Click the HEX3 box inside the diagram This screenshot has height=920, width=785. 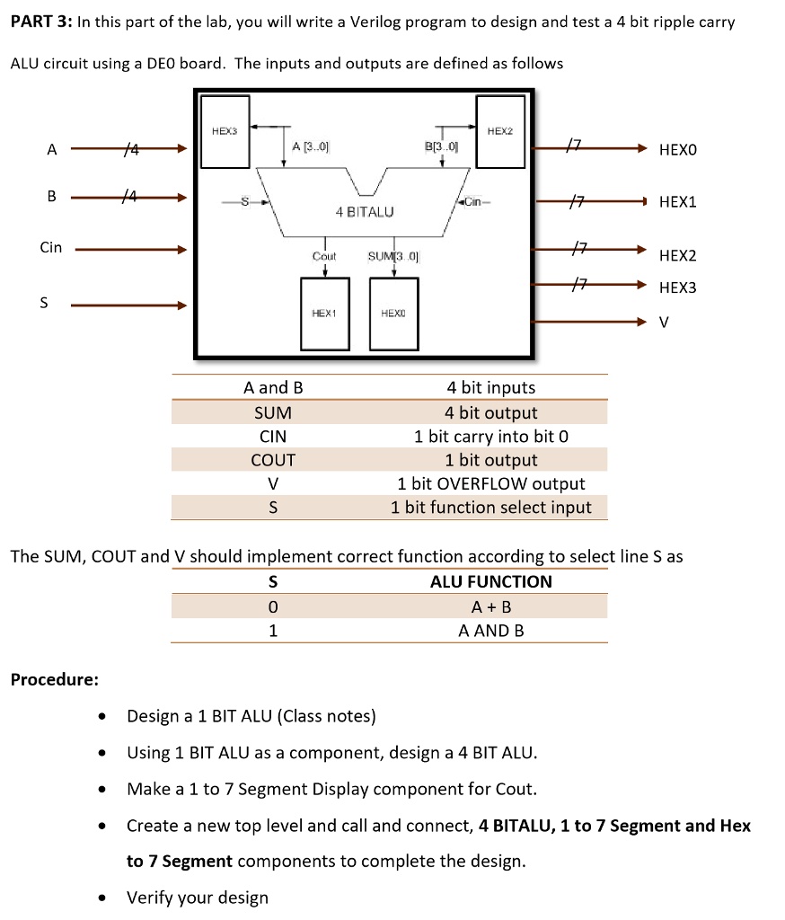click(x=225, y=143)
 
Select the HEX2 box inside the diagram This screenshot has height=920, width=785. click(x=500, y=143)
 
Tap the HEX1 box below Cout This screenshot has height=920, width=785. click(x=323, y=314)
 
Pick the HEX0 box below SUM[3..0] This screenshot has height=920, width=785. click(x=393, y=314)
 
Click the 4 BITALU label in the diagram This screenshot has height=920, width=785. click(x=365, y=212)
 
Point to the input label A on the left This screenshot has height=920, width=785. click(x=51, y=150)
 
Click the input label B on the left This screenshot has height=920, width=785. click(x=51, y=196)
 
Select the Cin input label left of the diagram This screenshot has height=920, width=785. click(x=51, y=247)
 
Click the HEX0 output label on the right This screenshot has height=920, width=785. click(x=677, y=150)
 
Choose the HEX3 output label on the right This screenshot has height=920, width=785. click(x=677, y=287)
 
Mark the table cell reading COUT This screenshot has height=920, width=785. click(x=273, y=460)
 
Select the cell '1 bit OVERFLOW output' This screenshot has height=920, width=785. click(x=490, y=483)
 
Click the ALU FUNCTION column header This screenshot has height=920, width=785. click(x=490, y=581)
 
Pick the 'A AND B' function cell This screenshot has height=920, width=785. click(x=490, y=631)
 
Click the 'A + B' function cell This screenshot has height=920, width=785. click(x=490, y=606)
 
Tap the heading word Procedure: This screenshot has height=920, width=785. click(x=54, y=679)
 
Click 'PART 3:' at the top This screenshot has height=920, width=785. click(x=41, y=22)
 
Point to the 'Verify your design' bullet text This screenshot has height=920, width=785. click(x=198, y=898)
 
